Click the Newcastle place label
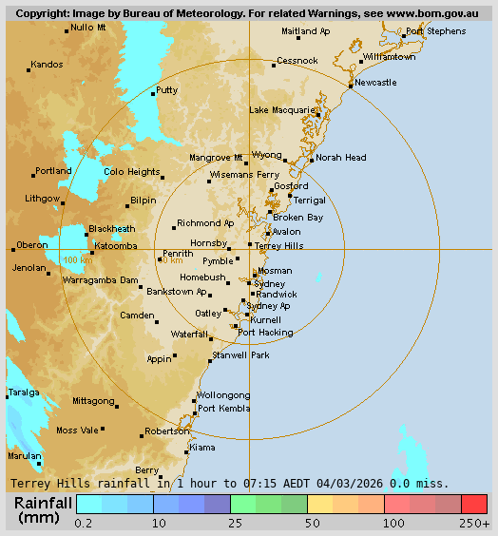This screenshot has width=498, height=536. [x=375, y=83]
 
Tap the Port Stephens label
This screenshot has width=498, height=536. [x=435, y=31]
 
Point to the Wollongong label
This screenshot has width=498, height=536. [x=223, y=395]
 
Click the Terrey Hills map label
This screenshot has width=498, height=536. [x=279, y=245]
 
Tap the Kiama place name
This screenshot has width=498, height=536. [x=202, y=447]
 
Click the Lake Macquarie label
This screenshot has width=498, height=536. [x=281, y=110]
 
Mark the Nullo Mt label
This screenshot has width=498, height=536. [x=88, y=28]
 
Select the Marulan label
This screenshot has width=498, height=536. [x=25, y=455]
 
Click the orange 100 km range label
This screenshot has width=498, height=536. [x=78, y=259]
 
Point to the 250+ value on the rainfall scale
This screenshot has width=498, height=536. [x=475, y=524]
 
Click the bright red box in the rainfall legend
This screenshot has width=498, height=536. [x=473, y=504]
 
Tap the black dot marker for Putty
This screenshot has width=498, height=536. [x=153, y=93]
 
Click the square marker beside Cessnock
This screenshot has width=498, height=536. [x=272, y=65]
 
